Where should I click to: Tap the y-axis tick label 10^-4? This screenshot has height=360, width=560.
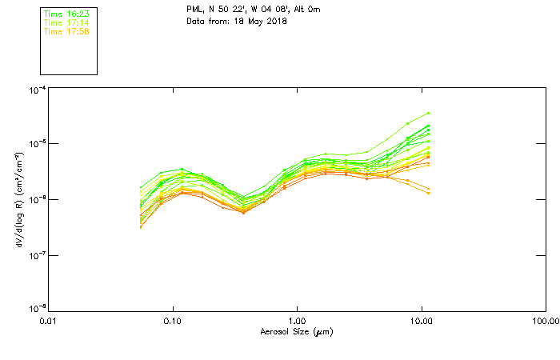coord(37,90)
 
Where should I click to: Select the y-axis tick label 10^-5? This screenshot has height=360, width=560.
coord(37,144)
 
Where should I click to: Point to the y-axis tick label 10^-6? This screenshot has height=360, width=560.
coord(37,199)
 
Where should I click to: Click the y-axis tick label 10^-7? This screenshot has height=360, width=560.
coord(37,254)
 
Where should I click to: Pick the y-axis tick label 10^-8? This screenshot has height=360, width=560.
coord(37,309)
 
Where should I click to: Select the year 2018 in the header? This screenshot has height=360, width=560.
coord(274,21)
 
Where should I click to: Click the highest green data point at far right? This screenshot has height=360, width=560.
coord(429,114)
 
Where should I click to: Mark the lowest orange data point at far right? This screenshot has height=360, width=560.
coord(429,193)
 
